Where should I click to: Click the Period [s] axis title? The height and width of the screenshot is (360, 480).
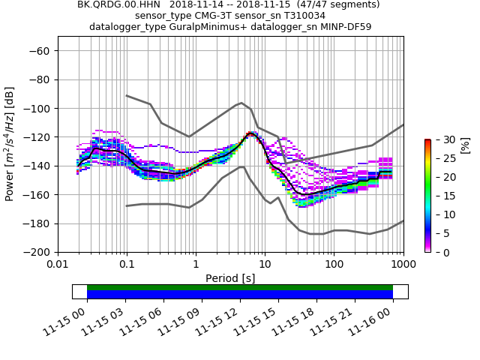coord(230,278)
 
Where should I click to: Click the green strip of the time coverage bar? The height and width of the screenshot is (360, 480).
coord(240,287)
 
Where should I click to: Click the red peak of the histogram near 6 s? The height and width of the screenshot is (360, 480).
coord(250,134)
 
